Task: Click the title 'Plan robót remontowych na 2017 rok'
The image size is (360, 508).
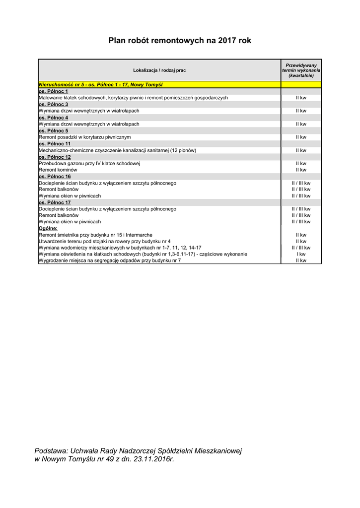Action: click(180, 41)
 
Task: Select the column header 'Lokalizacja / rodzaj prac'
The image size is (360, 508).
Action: click(159, 70)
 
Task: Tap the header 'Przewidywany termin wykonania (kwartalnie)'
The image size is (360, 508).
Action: click(301, 70)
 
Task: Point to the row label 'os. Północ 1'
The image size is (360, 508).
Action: click(53, 91)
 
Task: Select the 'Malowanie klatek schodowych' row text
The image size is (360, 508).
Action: click(133, 98)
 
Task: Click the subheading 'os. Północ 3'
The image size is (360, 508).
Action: click(53, 104)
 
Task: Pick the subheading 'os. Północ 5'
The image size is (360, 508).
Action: click(53, 130)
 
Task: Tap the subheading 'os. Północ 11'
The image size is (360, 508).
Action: click(55, 143)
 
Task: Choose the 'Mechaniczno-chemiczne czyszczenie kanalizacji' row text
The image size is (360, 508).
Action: click(117, 150)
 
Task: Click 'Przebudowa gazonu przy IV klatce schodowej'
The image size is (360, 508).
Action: click(90, 163)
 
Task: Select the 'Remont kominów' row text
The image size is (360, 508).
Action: click(58, 170)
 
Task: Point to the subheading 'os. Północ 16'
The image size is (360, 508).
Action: click(55, 176)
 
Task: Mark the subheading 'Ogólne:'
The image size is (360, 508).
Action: click(48, 228)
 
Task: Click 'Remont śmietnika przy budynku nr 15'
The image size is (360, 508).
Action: click(95, 235)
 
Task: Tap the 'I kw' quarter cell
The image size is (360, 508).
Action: click(301, 254)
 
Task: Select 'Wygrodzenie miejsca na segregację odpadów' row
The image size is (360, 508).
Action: click(110, 260)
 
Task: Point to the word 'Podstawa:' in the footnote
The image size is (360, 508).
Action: click(51, 450)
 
